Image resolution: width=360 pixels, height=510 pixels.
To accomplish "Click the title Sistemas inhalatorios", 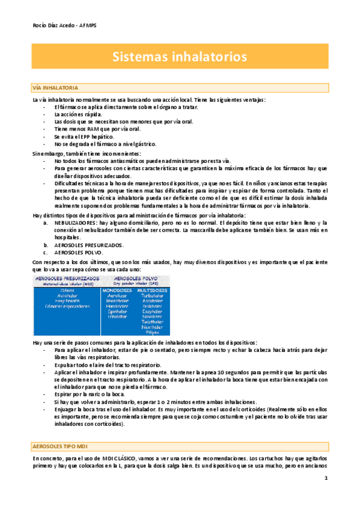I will (180, 57).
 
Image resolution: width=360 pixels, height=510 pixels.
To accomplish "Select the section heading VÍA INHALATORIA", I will (54, 88).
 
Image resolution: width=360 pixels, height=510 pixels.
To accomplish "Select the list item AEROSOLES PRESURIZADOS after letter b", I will (89, 245).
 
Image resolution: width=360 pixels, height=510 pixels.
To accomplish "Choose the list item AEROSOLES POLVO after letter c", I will (78, 253).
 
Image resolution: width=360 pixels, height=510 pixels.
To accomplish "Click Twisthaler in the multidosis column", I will (151, 322).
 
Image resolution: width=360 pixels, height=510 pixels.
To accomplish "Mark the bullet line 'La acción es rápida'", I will (78, 114).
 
